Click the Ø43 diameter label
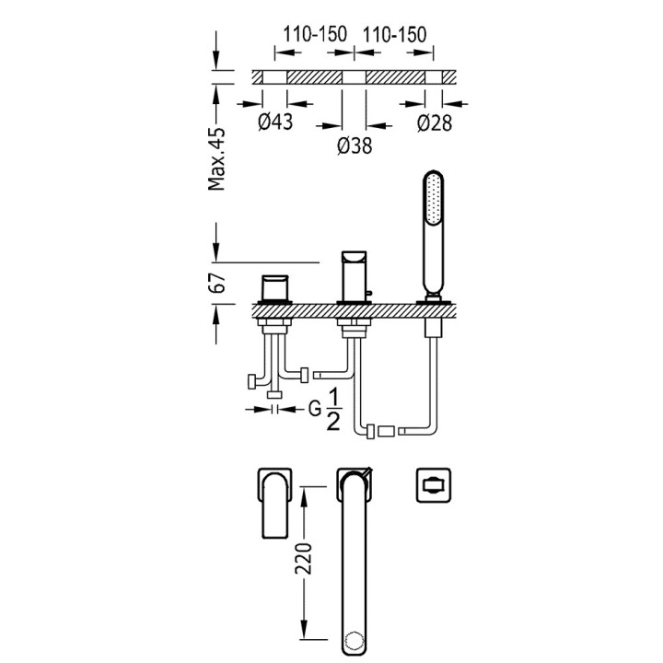(275, 123)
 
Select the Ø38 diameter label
(355, 145)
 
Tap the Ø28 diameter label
(434, 123)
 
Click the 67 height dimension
(218, 284)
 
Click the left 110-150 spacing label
(315, 35)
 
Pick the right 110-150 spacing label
(395, 35)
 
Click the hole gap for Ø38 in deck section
(355, 77)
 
